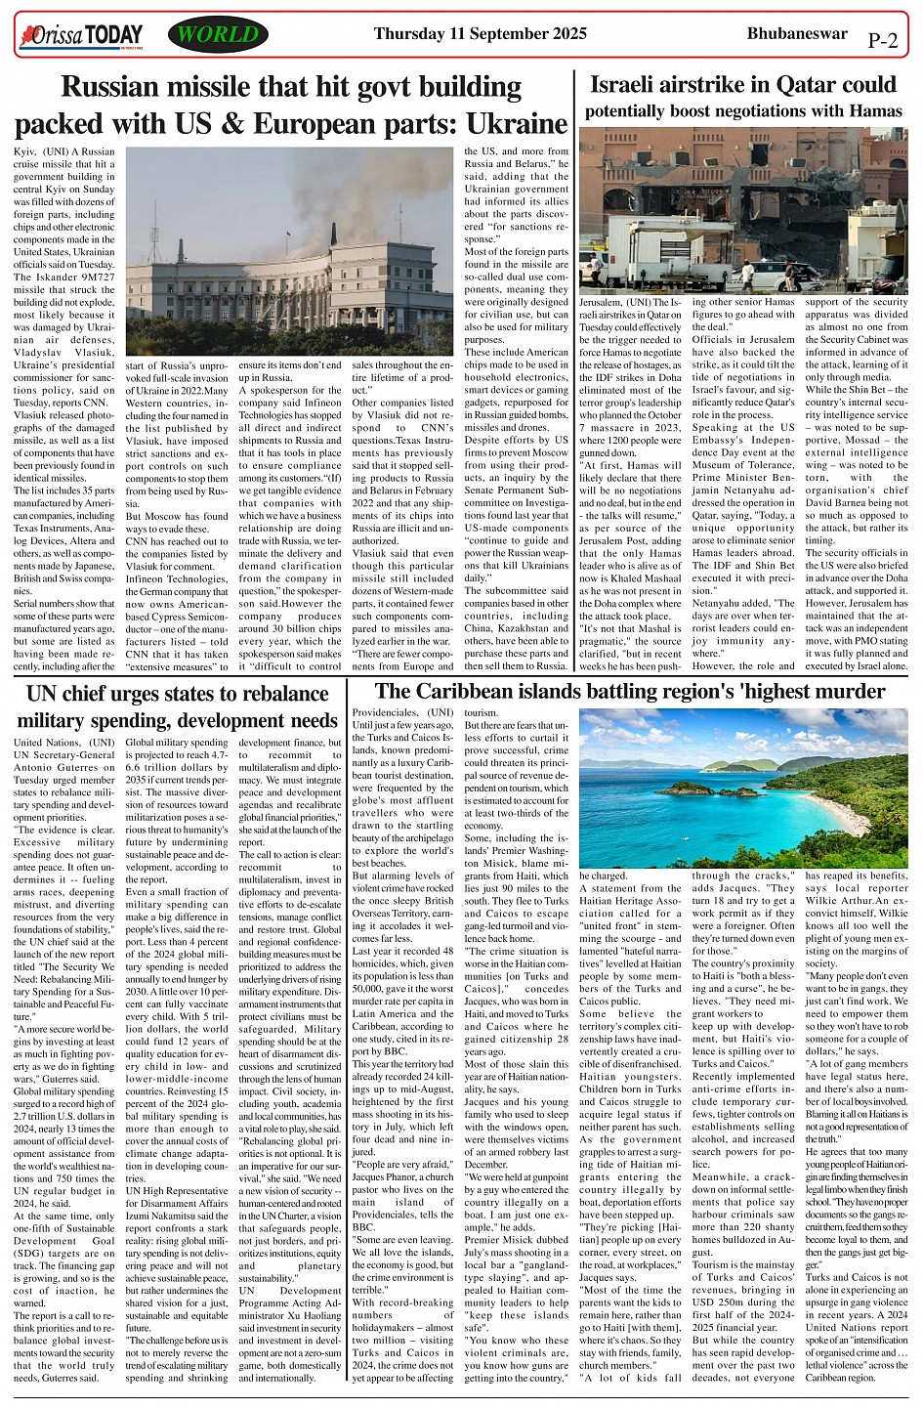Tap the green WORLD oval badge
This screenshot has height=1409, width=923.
click(218, 36)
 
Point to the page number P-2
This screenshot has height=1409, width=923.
click(882, 40)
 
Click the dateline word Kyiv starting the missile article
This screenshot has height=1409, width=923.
click(27, 152)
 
